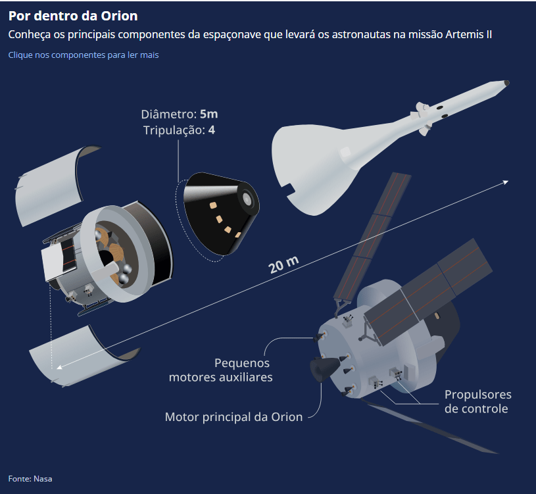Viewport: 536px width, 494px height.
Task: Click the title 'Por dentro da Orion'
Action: (73, 16)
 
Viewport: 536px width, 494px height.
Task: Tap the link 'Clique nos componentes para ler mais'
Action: (84, 55)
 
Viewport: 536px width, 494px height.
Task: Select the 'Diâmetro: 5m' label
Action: (180, 114)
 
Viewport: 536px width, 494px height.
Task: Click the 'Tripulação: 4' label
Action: (179, 130)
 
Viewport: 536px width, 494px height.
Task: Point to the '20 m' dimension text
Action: (283, 265)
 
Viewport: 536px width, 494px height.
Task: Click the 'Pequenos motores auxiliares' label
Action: (221, 370)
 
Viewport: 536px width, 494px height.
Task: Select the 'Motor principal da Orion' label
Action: (234, 417)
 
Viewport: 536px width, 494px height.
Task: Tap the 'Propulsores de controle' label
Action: (478, 401)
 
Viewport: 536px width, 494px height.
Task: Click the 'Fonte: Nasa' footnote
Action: (30, 479)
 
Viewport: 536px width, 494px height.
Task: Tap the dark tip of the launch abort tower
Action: (506, 83)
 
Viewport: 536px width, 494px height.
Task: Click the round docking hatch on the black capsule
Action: (247, 198)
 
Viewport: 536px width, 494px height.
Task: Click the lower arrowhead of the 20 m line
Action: (59, 368)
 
